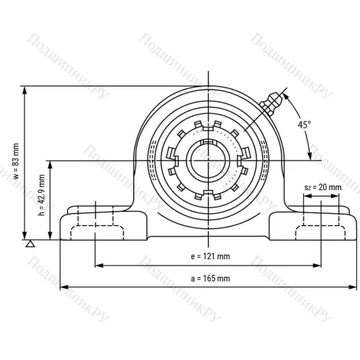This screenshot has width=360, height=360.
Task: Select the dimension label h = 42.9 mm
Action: point(41,199)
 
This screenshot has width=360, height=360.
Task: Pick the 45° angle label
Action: point(304,124)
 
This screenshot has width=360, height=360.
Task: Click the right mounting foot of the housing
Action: point(317,225)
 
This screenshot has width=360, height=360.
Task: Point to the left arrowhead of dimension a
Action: point(63,284)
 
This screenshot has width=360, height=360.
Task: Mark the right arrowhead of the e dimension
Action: point(316,265)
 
